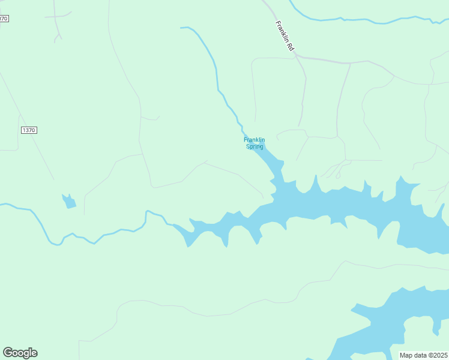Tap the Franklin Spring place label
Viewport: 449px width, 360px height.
click(254, 143)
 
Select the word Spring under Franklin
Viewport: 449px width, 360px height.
click(255, 146)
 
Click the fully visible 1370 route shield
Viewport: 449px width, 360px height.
click(29, 130)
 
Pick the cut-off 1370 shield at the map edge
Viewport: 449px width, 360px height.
click(4, 19)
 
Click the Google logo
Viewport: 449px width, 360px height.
click(20, 353)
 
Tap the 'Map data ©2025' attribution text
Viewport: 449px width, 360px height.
click(423, 355)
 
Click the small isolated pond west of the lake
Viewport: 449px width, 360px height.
click(70, 202)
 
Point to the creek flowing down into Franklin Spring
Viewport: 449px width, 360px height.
click(217, 72)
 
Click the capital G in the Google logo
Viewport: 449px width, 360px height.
click(8, 353)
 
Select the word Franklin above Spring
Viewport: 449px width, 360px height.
click(254, 140)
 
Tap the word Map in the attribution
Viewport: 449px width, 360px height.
click(406, 355)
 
